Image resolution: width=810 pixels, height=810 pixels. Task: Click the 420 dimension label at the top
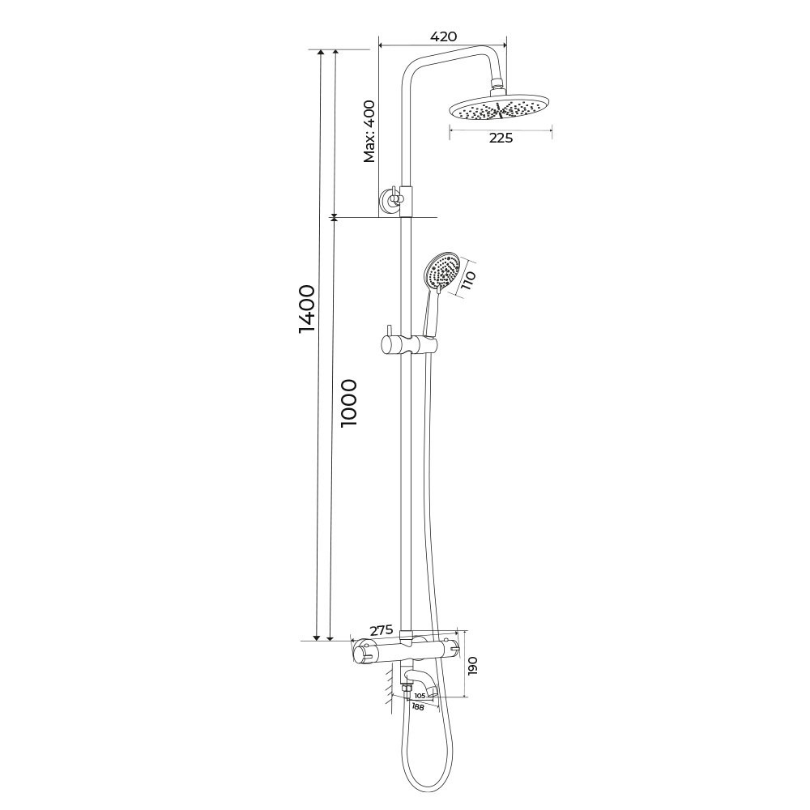pos(444,36)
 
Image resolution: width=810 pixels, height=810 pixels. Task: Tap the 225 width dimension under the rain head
pos(501,138)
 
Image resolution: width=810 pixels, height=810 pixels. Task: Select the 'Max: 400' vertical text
pos(369,131)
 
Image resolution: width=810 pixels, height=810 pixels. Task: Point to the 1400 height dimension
pos(306,309)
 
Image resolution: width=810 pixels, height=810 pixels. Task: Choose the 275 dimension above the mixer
pos(382,630)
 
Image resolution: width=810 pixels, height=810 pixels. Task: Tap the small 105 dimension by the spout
pos(420,696)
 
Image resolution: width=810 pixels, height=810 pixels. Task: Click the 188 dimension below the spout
pos(418,707)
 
